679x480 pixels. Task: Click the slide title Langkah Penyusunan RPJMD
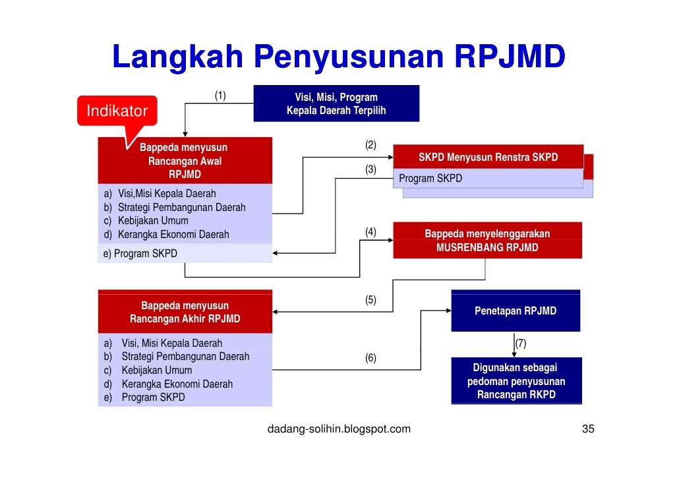pos(338,58)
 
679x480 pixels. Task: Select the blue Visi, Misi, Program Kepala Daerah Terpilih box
pos(336,104)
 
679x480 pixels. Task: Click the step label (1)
pos(220,96)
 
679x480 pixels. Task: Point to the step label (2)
pos(370,145)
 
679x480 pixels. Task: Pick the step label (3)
pos(370,169)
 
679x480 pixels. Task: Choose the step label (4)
pos(370,231)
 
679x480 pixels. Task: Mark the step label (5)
pos(370,300)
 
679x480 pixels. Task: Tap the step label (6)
pos(370,358)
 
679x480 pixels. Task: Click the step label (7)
pos(521,344)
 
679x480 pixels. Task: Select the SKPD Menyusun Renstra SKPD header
pos(488,158)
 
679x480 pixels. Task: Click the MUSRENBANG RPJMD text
pos(487,248)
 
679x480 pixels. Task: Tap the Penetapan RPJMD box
pos(516,311)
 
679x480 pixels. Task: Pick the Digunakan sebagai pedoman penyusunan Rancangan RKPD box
pos(516,381)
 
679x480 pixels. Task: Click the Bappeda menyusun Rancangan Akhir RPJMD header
pos(185,312)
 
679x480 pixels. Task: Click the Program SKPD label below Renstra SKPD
pos(430,179)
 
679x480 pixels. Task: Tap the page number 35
pos(587,429)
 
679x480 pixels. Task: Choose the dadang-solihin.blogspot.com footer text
pos(338,429)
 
